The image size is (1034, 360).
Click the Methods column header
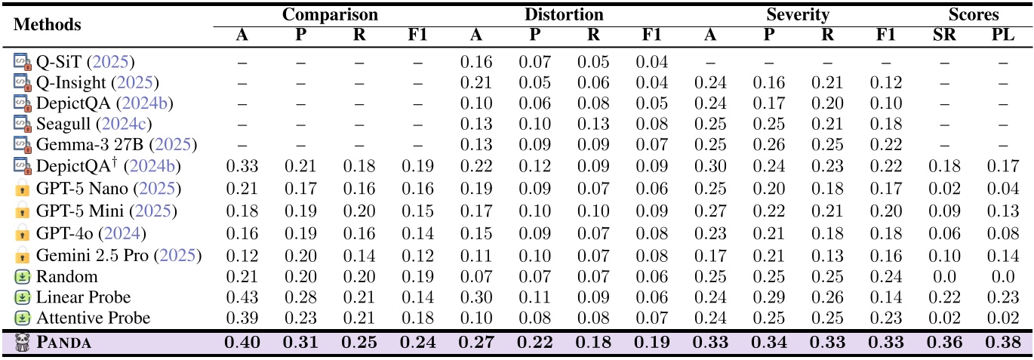tap(47, 24)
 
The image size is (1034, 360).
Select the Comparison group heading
tap(330, 14)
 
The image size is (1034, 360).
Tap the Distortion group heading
tap(564, 14)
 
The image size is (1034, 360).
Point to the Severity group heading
tap(798, 14)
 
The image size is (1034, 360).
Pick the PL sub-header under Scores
tap(1002, 34)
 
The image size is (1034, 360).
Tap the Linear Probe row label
tap(83, 297)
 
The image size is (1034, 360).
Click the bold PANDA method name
tap(64, 343)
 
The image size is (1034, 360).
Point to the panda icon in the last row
tap(22, 343)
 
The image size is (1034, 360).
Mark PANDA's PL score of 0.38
tap(1002, 343)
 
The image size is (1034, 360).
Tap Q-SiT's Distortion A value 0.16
tap(476, 61)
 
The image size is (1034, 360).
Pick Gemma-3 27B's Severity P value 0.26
tap(768, 144)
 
